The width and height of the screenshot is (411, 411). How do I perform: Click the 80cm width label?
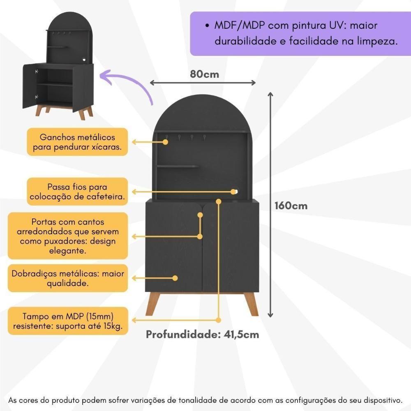point(204,74)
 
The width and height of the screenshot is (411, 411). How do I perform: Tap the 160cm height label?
point(291,205)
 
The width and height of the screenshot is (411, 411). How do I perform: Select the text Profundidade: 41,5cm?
point(203,335)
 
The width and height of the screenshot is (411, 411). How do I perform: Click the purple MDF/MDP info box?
point(300,34)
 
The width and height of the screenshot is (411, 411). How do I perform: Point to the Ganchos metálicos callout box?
point(77,142)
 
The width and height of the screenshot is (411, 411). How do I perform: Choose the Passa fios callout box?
point(77,192)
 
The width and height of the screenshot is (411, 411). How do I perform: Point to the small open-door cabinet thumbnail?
point(58,66)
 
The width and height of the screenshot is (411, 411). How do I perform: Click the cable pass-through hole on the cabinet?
point(235,191)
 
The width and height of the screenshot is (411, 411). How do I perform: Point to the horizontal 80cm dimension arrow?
point(203,83)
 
